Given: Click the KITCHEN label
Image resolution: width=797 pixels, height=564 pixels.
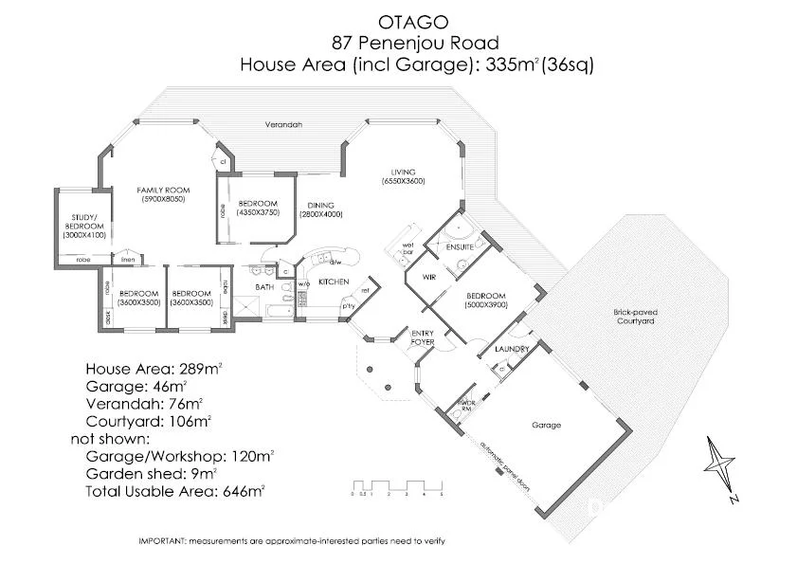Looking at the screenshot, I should click(x=334, y=282).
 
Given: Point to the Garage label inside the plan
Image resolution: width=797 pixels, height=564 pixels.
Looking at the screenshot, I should click(x=547, y=426).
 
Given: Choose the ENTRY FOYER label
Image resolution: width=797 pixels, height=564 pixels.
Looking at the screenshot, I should click(x=422, y=336).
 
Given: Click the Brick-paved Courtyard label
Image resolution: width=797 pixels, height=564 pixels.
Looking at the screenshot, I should click(x=634, y=317).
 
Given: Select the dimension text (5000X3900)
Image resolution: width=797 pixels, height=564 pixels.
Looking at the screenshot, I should click(x=487, y=305).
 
